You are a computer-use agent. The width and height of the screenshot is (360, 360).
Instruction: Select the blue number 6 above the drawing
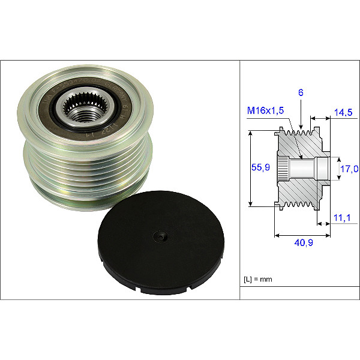pos(301,93)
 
